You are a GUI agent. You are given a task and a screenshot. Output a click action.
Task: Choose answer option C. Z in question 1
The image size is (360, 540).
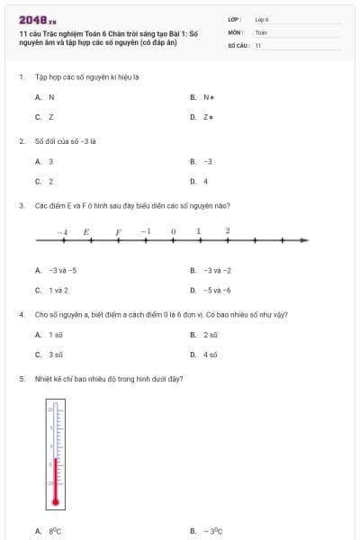(x=45, y=117)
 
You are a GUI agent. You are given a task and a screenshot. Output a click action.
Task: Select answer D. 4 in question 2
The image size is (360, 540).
(x=200, y=181)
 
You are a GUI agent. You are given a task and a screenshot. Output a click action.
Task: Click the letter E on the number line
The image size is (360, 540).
(x=86, y=231)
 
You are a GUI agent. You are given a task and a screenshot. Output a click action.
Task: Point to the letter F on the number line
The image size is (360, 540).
(x=117, y=231)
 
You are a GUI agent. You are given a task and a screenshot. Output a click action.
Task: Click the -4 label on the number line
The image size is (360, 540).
(x=62, y=231)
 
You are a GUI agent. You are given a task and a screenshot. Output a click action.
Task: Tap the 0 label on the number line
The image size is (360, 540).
(x=173, y=231)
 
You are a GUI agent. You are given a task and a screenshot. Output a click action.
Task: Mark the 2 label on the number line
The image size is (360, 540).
(x=228, y=230)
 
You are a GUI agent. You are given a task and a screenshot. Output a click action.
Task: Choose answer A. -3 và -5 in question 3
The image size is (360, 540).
(x=57, y=270)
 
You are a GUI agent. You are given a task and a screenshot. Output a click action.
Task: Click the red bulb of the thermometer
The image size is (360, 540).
(x=55, y=501)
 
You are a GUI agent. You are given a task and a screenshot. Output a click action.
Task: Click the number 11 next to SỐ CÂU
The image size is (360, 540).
(x=258, y=44)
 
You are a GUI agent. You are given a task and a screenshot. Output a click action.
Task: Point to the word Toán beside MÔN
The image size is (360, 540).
(x=261, y=31)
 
